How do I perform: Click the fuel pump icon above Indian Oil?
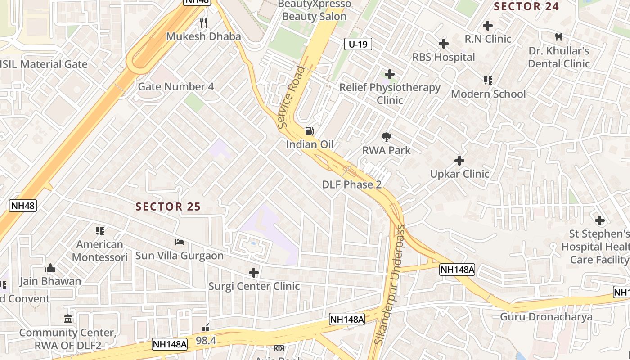pos(310,131)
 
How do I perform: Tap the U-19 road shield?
pos(358,44)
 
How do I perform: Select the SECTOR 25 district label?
pos(168,207)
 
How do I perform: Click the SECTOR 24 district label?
pos(526,6)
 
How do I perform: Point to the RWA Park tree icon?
pos(386,137)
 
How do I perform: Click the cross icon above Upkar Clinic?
pos(459,161)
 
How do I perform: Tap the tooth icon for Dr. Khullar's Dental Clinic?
pos(559,37)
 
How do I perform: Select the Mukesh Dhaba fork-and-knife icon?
pos(203,22)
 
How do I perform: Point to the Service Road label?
pos(292,97)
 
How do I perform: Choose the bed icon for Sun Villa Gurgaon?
pos(180,242)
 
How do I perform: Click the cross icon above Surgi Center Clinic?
pos(254,273)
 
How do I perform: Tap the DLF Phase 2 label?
pos(351,184)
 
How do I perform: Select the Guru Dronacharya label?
pos(546,316)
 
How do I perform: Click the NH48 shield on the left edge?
pos(23,206)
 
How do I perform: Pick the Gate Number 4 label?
pos(176,86)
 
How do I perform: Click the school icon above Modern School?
pos(488,81)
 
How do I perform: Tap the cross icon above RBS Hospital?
pos(444,44)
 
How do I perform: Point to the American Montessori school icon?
pos(100,231)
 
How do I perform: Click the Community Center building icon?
pos(68,319)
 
